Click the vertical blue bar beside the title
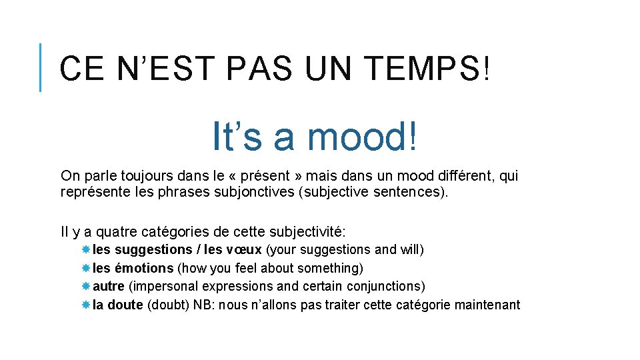pos(41,67)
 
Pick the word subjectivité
pos(307,232)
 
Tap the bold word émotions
pos(144,268)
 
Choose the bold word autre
pos(108,286)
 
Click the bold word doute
pos(125,305)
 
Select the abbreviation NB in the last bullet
pos(205,305)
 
